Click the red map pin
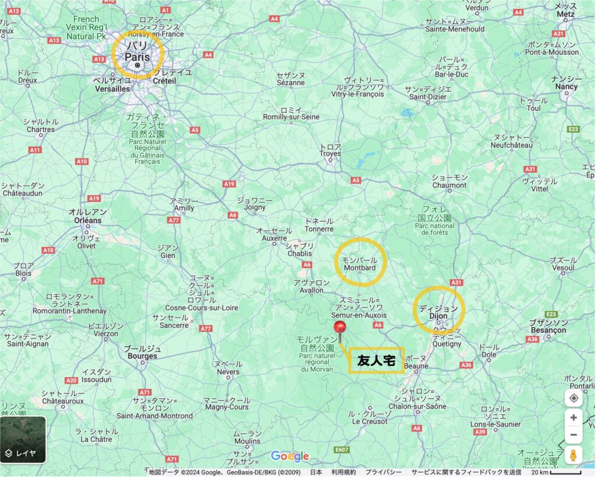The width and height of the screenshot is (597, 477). (339, 328)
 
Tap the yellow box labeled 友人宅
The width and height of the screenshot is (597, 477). (376, 361)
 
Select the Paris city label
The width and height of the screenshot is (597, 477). (137, 57)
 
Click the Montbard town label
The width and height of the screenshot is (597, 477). (360, 268)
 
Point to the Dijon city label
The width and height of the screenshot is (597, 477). (438, 316)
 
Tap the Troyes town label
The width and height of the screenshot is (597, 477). (330, 154)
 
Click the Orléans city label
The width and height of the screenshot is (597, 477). (88, 220)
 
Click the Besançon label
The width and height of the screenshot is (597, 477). (548, 330)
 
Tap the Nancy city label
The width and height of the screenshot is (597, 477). (566, 86)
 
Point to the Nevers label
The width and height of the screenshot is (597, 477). (228, 372)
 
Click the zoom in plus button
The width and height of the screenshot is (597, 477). (574, 417)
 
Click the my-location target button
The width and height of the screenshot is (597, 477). (574, 398)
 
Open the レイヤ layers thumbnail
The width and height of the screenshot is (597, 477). (23, 439)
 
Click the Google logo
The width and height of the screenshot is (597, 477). (290, 457)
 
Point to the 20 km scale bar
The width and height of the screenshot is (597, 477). (564, 472)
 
